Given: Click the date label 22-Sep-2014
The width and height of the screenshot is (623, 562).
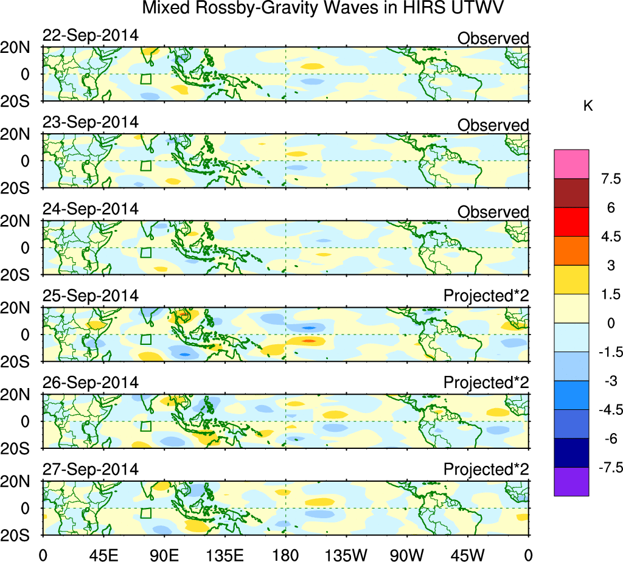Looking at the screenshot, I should [x=90, y=35].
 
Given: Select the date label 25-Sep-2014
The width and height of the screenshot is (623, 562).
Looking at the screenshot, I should [x=90, y=296].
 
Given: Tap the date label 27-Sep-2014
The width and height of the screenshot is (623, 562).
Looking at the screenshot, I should [x=90, y=470].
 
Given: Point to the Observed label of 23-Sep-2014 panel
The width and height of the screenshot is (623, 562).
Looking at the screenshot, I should [x=493, y=125].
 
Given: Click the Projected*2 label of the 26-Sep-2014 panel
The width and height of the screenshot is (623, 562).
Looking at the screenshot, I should [x=486, y=383].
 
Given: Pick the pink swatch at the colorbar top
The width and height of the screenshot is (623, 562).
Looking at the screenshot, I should [x=571, y=164].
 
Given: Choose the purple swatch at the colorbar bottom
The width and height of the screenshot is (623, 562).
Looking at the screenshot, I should [x=571, y=482].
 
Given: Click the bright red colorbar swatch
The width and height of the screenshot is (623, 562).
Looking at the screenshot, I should [x=571, y=221].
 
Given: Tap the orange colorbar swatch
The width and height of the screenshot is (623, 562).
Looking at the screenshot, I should [x=571, y=251].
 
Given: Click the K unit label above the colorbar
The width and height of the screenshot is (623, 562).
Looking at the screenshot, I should [x=588, y=106].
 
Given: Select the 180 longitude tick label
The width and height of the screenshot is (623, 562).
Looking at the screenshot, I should [x=286, y=553].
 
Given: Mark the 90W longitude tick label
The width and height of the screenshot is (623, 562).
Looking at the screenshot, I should [x=408, y=553].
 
